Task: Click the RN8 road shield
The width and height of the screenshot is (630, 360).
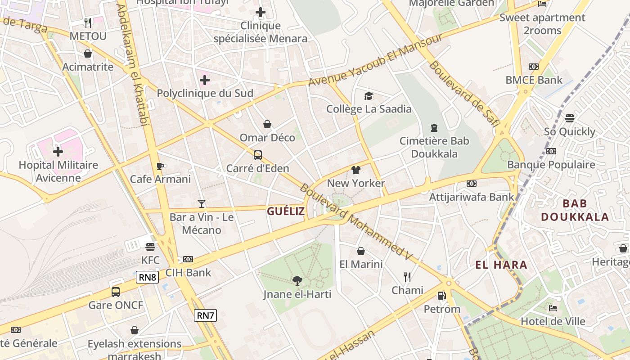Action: [147, 277]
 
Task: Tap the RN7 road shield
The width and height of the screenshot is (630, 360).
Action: [205, 315]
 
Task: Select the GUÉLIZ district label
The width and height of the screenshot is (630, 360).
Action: [286, 211]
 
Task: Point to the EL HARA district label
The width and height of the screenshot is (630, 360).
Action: [501, 265]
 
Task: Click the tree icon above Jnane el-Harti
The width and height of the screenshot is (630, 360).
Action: [297, 281]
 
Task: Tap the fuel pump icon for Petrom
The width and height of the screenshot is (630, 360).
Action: [442, 296]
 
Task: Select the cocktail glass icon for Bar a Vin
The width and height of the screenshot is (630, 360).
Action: [202, 204]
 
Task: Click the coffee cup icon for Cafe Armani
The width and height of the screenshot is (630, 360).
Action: [160, 166]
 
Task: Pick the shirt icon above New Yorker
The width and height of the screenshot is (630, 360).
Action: [356, 170]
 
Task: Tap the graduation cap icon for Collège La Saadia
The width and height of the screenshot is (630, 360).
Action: [369, 96]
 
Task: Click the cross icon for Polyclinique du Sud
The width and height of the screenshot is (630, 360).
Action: [205, 81]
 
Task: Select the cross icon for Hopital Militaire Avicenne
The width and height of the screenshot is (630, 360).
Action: [58, 152]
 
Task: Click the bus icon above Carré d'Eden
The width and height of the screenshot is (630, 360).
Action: [258, 155]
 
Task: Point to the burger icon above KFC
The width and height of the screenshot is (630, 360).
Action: [150, 247]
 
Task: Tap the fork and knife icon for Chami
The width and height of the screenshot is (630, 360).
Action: [407, 277]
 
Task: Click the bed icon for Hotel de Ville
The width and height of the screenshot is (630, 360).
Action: [553, 308]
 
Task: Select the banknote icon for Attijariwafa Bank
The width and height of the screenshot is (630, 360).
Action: [471, 184]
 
